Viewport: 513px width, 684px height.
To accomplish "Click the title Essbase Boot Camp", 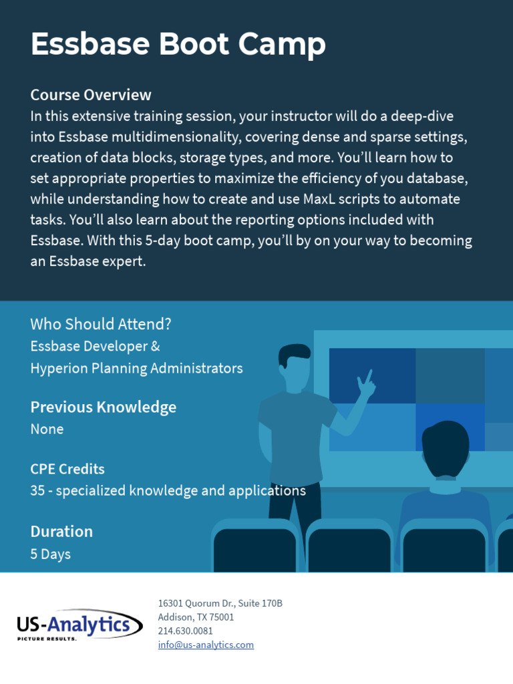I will pyautogui.click(x=178, y=45).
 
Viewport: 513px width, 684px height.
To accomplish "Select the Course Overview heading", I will pyautogui.click(x=91, y=95).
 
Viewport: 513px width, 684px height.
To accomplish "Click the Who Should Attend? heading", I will pyautogui.click(x=101, y=325).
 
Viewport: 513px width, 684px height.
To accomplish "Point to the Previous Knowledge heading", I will pyautogui.click(x=104, y=407).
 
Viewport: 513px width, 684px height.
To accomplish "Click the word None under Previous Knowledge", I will pyautogui.click(x=47, y=430).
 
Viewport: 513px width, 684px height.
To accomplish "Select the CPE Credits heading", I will pyautogui.click(x=67, y=469).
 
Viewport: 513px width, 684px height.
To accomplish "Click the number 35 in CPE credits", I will pyautogui.click(x=38, y=491).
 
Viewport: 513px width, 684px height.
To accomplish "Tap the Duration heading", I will pyautogui.click(x=61, y=532).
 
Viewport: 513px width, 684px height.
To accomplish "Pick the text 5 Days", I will pyautogui.click(x=51, y=554).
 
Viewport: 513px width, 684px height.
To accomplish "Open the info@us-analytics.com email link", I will pyautogui.click(x=206, y=645).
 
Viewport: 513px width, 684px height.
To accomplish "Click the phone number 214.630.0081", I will pyautogui.click(x=186, y=631).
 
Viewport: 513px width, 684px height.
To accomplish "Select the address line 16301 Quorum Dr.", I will pyautogui.click(x=220, y=603).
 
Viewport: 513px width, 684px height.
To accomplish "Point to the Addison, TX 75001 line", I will pyautogui.click(x=196, y=617).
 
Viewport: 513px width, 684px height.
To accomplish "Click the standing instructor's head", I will pyautogui.click(x=294, y=364).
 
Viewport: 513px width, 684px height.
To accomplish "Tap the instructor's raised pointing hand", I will pyautogui.click(x=365, y=383).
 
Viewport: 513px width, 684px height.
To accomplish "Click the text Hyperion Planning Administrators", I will pyautogui.click(x=136, y=369).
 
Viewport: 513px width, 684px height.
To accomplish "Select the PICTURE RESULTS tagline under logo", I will pyautogui.click(x=47, y=639).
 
